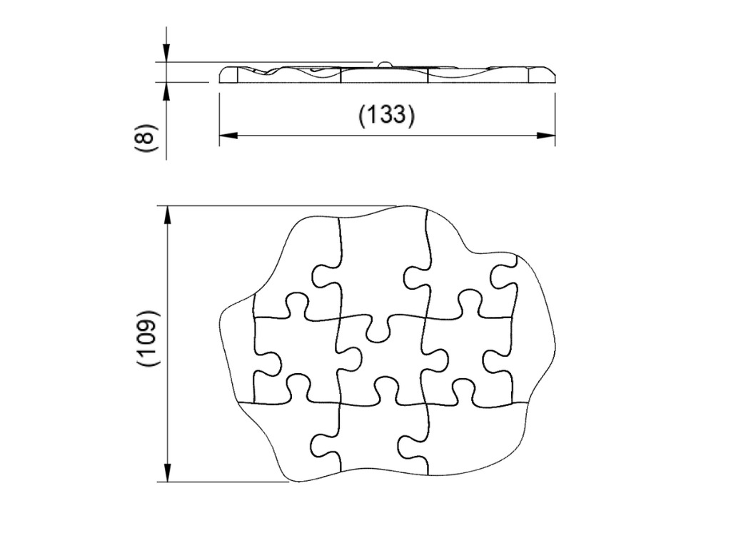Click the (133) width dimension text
(386, 114)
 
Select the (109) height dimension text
(146, 338)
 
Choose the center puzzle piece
(382, 357)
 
